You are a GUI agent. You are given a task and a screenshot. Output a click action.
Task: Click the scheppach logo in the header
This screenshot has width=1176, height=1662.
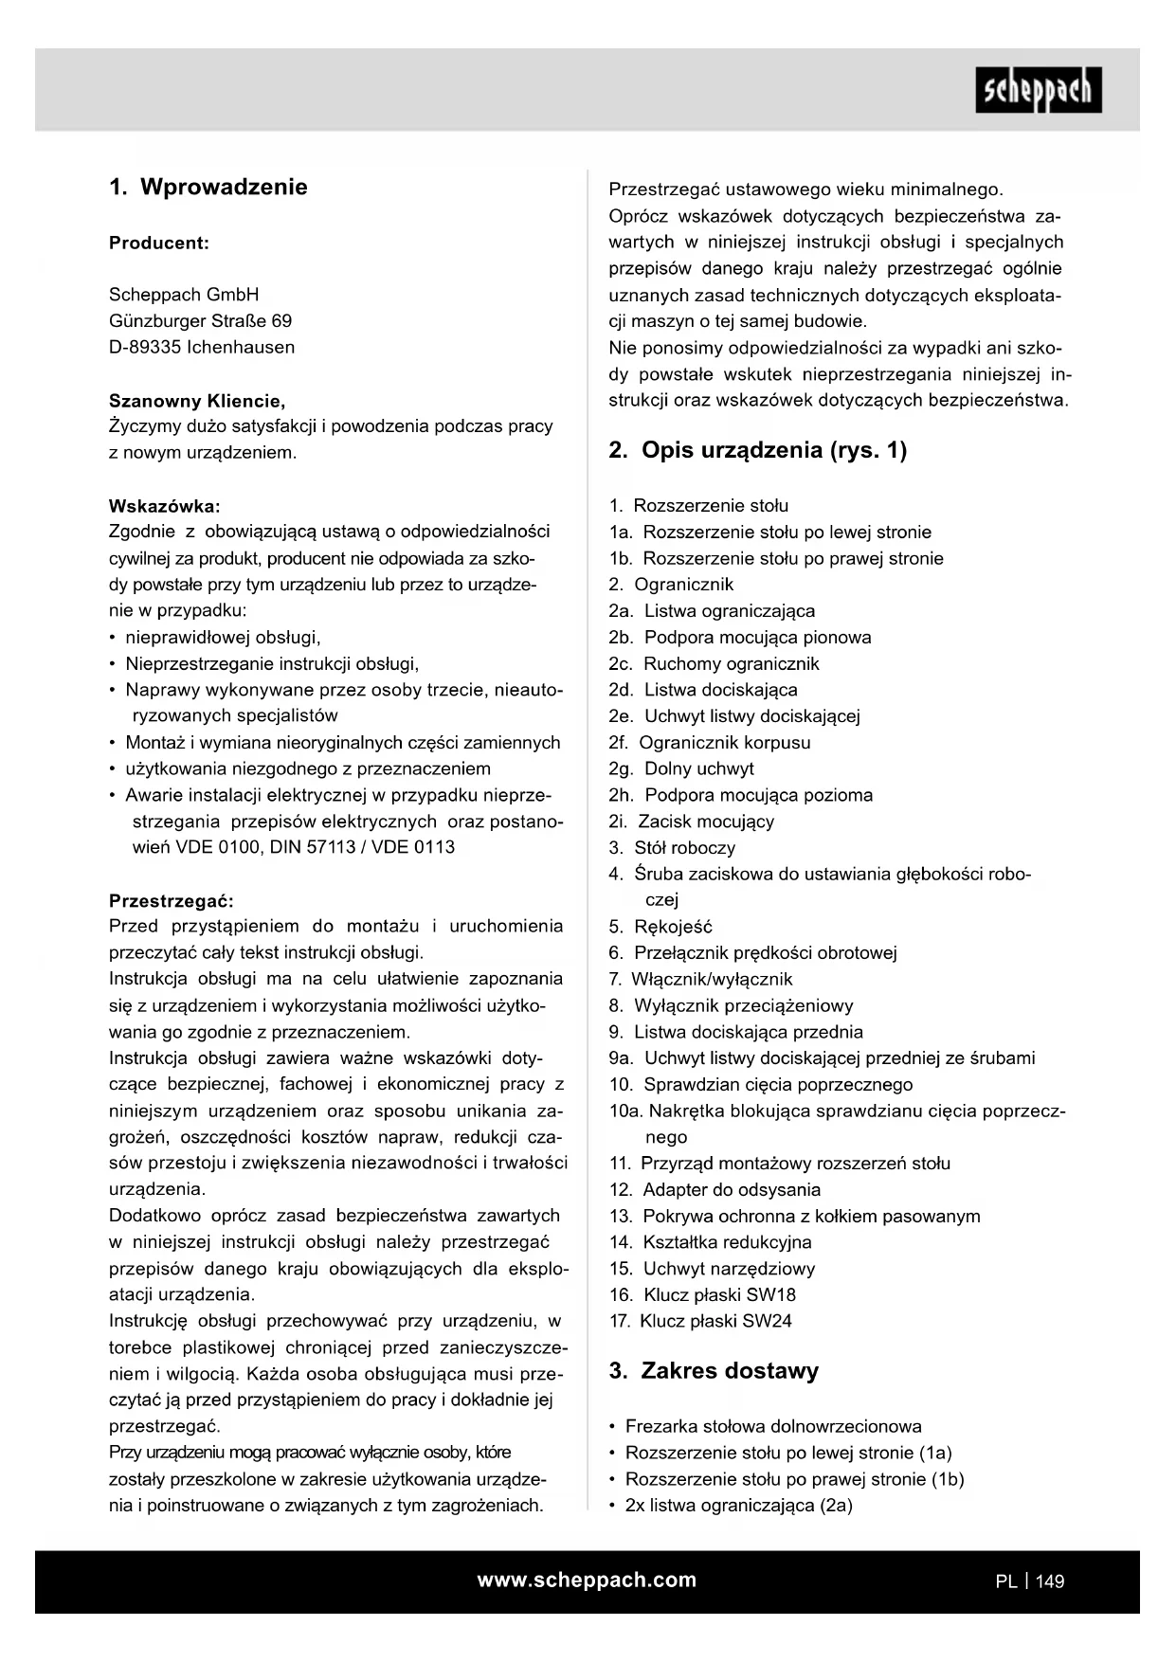coord(1038,90)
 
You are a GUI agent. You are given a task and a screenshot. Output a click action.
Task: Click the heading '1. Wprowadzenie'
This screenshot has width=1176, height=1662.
coord(208,187)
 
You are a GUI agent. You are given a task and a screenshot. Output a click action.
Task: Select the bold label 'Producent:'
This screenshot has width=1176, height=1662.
coord(158,243)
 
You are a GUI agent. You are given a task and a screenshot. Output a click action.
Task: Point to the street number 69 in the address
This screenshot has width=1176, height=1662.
coord(281,321)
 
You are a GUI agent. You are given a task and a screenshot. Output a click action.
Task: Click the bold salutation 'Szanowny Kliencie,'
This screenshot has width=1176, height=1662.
coord(197,400)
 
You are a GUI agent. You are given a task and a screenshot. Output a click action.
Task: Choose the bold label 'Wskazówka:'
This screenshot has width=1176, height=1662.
coord(164,505)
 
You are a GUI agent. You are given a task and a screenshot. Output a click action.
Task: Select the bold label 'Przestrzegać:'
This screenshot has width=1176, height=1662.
coord(171,900)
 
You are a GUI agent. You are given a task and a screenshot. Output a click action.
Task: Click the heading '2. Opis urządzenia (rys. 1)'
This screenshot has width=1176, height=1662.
coord(757,450)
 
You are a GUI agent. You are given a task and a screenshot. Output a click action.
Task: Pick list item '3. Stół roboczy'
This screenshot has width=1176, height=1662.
coord(672,848)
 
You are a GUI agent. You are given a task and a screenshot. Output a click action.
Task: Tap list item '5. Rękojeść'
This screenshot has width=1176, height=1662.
coord(660,927)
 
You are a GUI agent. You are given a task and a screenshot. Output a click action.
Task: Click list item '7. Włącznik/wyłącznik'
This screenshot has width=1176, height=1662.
coord(700,980)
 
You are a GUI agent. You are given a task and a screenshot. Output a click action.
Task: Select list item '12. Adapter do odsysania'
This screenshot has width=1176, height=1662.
coord(715,1190)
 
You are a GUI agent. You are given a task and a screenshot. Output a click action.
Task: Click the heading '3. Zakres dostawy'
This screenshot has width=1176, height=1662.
coord(714,1371)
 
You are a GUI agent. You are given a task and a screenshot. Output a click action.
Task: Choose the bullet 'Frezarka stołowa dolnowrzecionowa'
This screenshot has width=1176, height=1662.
coord(773,1427)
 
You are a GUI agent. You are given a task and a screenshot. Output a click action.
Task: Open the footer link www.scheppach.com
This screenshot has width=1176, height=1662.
coord(587,1581)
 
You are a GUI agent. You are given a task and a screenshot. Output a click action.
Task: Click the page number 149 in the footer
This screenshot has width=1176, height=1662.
coord(1050,1581)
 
